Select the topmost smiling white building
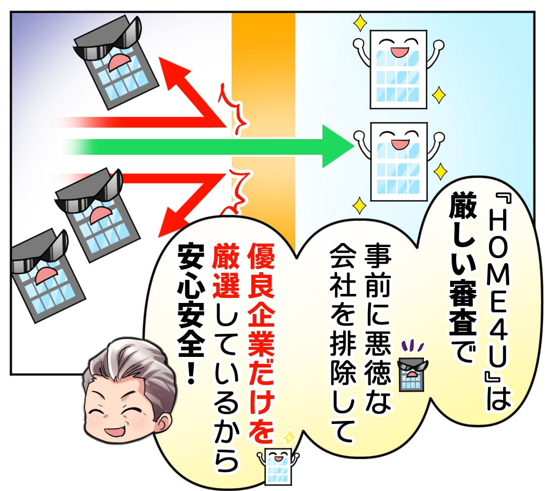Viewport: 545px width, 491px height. (x=398, y=69)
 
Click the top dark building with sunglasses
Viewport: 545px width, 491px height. (x=113, y=62)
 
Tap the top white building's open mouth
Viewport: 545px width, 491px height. (x=399, y=52)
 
